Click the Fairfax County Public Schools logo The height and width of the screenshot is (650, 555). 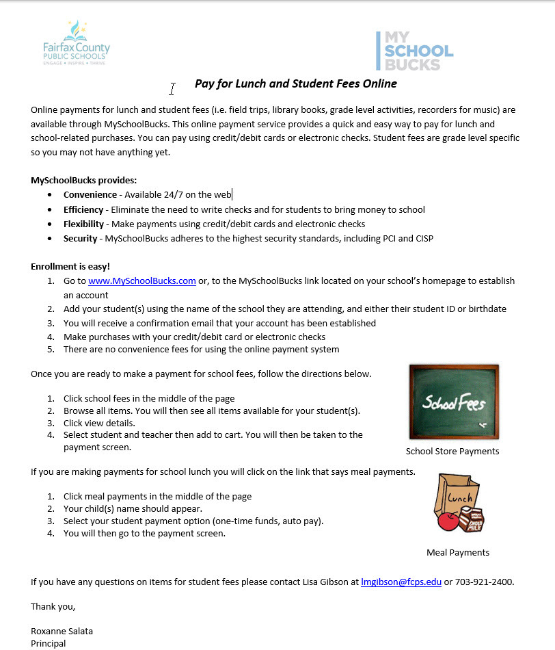(x=76, y=43)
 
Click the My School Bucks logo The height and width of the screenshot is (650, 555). (x=415, y=51)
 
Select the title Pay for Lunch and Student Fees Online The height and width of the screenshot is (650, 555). (x=295, y=83)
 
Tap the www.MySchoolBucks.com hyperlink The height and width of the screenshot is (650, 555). (x=142, y=281)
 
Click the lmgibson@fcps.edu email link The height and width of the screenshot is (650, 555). (x=401, y=582)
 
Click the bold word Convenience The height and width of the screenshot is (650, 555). (x=90, y=195)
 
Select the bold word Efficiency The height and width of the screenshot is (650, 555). (x=83, y=209)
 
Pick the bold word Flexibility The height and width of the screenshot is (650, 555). (x=84, y=224)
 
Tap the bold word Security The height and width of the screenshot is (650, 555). (x=81, y=238)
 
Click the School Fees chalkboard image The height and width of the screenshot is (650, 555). (x=452, y=402)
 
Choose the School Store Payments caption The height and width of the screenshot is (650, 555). (x=452, y=451)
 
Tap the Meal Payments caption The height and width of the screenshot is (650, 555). (x=458, y=552)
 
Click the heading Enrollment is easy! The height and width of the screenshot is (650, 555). (x=70, y=266)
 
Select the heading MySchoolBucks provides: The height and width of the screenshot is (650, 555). (x=84, y=180)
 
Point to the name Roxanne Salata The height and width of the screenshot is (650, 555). (x=62, y=631)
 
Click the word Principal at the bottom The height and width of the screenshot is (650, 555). (x=49, y=643)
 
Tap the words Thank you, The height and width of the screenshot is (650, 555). (x=53, y=606)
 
